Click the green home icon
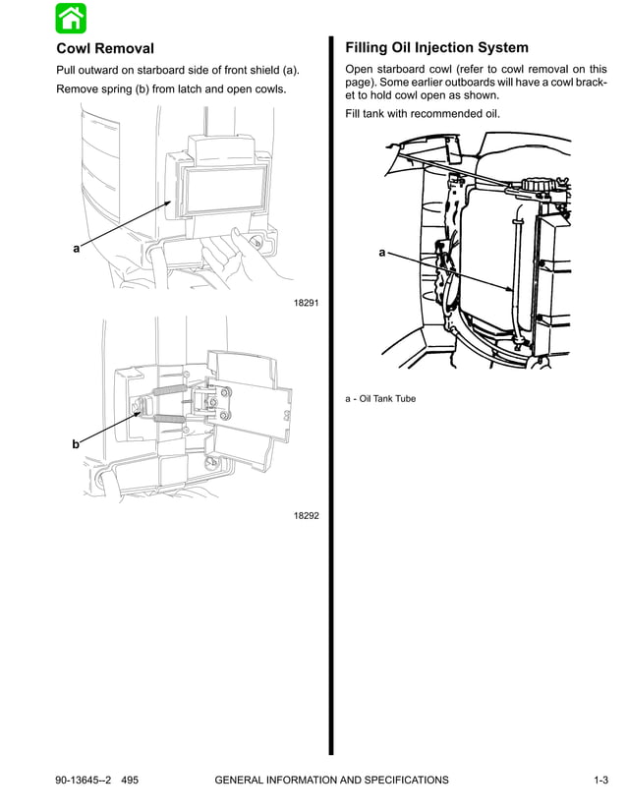point(71,18)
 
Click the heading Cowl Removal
point(105,48)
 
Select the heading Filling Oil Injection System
point(436,47)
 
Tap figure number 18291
point(307,303)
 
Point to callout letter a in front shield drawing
point(76,249)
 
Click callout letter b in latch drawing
point(75,444)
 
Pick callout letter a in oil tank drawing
point(382,253)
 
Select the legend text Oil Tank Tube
point(387,399)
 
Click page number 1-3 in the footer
point(600,781)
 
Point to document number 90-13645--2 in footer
point(85,781)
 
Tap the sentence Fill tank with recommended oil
point(423,114)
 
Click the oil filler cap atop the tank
point(539,184)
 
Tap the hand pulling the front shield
point(236,258)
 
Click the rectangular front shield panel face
point(225,188)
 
